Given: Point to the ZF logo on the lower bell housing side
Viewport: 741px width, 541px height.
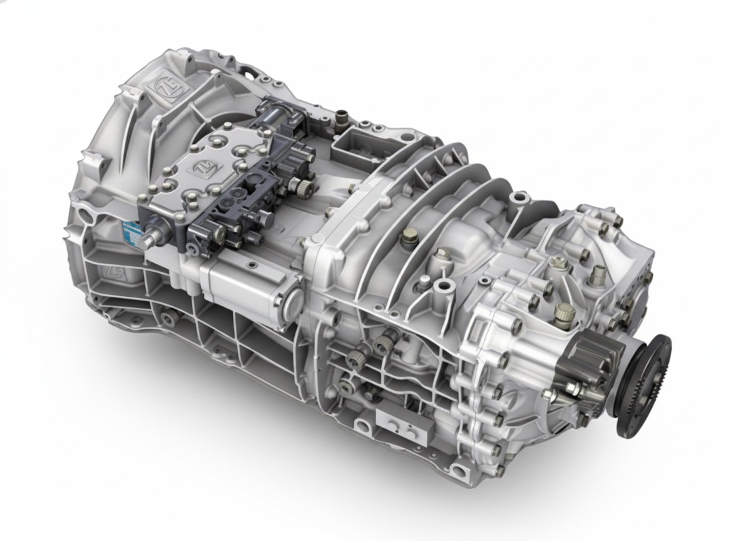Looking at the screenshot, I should click(114, 274).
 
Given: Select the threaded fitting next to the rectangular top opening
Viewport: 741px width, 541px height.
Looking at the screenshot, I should click(342, 116).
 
